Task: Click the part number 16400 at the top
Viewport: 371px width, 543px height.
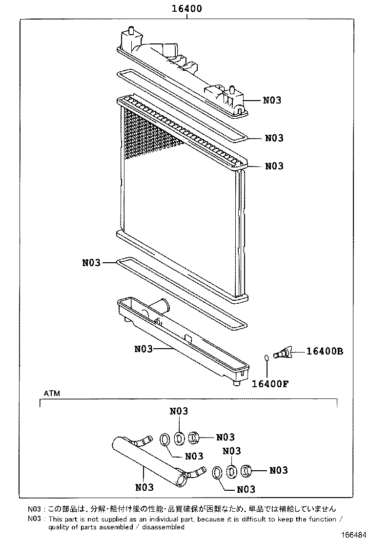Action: coord(187,9)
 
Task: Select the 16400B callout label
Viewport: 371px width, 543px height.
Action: coord(325,351)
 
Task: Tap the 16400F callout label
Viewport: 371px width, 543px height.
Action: coord(270,383)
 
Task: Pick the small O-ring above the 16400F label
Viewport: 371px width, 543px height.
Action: coord(266,358)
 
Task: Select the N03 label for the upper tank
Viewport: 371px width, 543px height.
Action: coord(272,101)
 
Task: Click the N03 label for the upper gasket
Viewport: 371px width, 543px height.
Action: coord(274,138)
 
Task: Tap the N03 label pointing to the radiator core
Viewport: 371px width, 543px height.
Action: coord(274,166)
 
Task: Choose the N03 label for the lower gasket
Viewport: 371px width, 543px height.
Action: coord(91,263)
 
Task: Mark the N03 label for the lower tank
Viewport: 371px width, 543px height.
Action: coord(144,349)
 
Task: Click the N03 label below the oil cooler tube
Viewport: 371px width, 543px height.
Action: coord(144,487)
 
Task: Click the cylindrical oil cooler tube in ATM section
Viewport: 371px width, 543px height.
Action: coord(146,459)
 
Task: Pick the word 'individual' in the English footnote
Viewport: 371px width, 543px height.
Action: coord(145,519)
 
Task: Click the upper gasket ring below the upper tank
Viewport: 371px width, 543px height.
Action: coord(181,105)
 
